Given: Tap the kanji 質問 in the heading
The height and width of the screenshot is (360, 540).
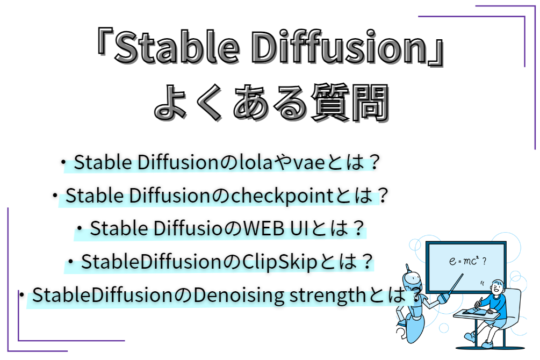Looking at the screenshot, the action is click(350, 103).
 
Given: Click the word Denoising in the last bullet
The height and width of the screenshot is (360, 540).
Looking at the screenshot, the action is click(239, 296).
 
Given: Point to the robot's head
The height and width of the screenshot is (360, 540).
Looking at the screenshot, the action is click(412, 282).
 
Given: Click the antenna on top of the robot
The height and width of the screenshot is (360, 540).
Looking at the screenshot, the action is click(407, 268).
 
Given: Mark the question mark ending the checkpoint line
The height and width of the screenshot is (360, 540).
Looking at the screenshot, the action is click(383, 196).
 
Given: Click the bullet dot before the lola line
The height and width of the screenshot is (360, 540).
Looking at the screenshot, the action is click(63, 162).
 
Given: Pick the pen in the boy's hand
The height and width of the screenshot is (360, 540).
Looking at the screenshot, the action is click(479, 303).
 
